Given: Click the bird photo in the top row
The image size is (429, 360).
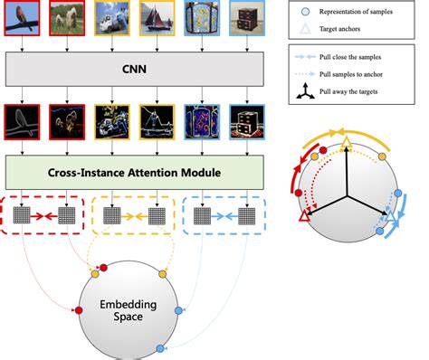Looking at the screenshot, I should click(x=20, y=21).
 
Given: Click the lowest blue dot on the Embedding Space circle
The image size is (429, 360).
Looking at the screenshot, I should click(x=160, y=349).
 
